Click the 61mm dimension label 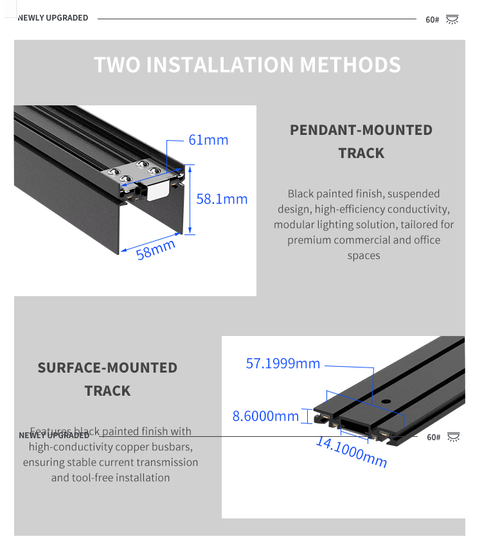(x=208, y=140)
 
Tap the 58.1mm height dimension (x=222, y=199)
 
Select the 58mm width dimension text (x=156, y=249)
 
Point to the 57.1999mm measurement (x=283, y=364)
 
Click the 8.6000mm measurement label (x=265, y=416)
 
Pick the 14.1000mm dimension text (x=352, y=451)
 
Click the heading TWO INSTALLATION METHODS (x=247, y=65)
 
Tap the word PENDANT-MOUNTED (x=361, y=130)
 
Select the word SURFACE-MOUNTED (x=107, y=367)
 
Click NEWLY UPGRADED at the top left (x=53, y=18)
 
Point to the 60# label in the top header (x=432, y=20)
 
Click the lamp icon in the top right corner (x=452, y=19)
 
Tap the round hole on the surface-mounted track (x=386, y=402)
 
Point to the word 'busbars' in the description (x=172, y=446)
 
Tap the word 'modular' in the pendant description (x=294, y=224)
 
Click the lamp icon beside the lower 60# (x=454, y=437)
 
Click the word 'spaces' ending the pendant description (x=364, y=255)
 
